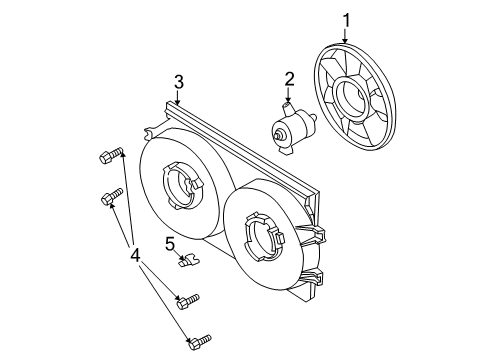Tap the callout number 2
(x=289, y=79)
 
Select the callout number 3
(x=178, y=82)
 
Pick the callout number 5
(x=170, y=242)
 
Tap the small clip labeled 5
(x=187, y=262)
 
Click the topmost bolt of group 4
(x=110, y=156)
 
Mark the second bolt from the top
(x=111, y=200)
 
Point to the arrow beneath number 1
(x=347, y=37)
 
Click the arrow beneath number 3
(x=178, y=99)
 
